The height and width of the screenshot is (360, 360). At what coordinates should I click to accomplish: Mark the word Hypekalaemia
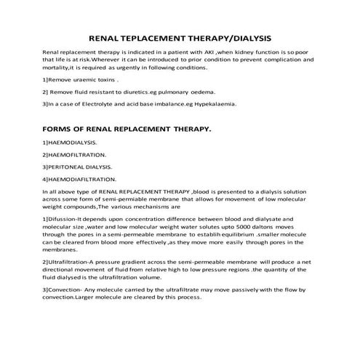[214, 104]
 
